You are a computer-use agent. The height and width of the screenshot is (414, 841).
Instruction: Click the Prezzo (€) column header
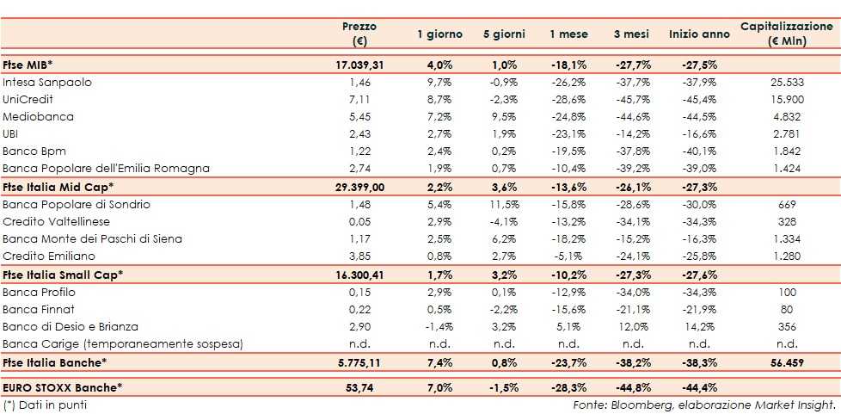359,34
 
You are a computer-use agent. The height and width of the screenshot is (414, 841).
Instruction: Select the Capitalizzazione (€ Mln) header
787,34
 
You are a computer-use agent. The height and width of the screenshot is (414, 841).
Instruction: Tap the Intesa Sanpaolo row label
47,83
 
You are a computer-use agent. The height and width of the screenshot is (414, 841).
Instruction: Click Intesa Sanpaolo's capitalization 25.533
787,83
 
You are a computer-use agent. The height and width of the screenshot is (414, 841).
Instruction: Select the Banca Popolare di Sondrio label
77,204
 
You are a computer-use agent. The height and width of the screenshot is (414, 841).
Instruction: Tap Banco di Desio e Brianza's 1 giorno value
441,327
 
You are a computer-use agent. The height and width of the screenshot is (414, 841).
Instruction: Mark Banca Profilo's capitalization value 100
787,293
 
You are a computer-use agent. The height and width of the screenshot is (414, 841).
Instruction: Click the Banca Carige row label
123,344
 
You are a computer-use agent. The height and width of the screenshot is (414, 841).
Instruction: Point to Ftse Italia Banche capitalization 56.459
787,363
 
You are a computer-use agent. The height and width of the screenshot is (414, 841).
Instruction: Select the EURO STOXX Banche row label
63,388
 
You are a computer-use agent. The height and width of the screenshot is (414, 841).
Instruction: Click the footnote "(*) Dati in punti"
45,405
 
